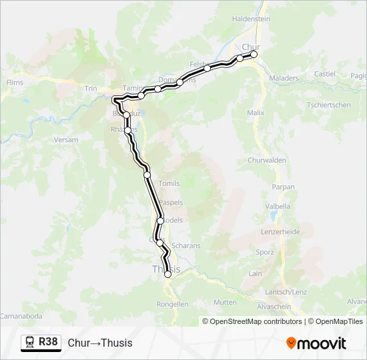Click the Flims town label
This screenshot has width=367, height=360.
pos(15,83)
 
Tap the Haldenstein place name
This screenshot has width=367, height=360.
pos(251,19)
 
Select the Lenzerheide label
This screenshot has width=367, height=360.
pos(281,231)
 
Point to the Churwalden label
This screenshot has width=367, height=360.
pos(266,161)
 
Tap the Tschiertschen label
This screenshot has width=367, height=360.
pos(329,105)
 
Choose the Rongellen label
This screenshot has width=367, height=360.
pos(173,304)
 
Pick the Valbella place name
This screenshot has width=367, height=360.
pos(278,207)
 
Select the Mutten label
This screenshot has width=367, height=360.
pos(225,302)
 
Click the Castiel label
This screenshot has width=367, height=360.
pos(324,74)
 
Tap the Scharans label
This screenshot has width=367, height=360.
pos(186,245)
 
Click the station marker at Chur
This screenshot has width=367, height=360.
pos(254,55)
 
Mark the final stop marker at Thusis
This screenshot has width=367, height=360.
pos(167,274)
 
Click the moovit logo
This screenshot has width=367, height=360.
pos(316,343)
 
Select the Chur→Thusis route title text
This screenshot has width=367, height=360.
pos(100,343)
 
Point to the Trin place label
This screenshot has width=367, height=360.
pos(91,88)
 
